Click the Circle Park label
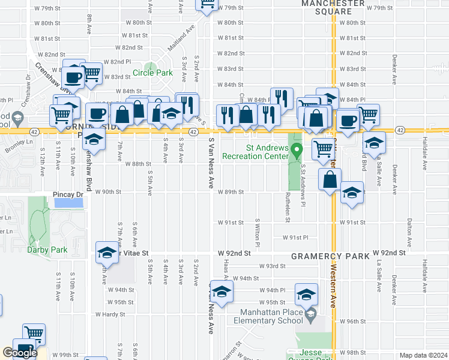tap(152, 73)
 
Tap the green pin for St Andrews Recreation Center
tap(294, 148)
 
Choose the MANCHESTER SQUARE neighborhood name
tap(333, 7)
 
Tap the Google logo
tap(20, 352)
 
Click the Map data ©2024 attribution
tap(423, 355)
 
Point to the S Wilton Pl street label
tap(258, 233)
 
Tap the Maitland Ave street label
tap(181, 37)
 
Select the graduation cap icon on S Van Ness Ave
tap(221, 292)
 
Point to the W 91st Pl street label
tap(295, 238)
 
